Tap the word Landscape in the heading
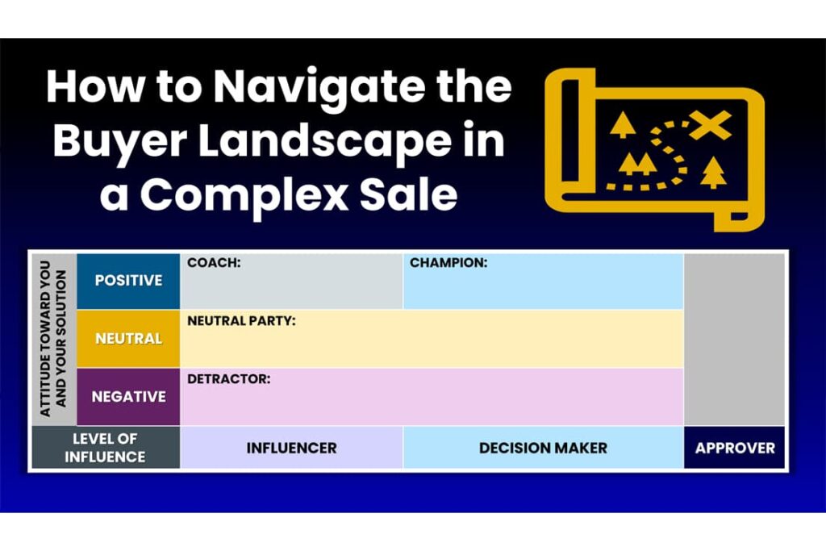324,141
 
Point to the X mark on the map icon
710,125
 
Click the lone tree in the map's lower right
713,173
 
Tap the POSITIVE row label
128,280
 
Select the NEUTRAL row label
128,338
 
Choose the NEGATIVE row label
128,397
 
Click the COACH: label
214,262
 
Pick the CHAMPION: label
448,262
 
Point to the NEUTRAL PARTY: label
241,321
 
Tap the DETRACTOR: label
228,378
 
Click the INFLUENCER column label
291,449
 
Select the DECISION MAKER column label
543,449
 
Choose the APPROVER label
735,449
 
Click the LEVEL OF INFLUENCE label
105,448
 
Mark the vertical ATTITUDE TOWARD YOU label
45,339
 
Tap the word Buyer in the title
119,142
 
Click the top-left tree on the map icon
623,125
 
